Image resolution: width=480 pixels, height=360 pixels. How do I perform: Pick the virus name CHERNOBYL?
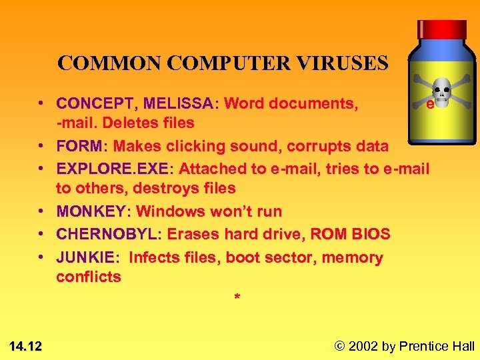click(x=107, y=235)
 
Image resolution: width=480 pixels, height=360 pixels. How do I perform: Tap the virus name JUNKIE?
click(x=85, y=257)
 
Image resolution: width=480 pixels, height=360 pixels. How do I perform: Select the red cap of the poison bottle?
click(x=441, y=29)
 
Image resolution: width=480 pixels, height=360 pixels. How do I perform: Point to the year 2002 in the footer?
click(x=364, y=345)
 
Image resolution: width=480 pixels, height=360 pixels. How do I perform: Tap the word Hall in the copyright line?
click(x=461, y=345)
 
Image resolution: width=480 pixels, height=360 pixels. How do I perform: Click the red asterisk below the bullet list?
click(x=236, y=297)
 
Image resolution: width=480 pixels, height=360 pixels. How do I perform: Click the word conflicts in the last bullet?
click(x=89, y=277)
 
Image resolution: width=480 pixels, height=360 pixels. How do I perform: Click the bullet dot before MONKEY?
click(x=41, y=212)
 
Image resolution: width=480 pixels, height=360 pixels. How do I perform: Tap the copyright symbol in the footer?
click(x=340, y=345)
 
